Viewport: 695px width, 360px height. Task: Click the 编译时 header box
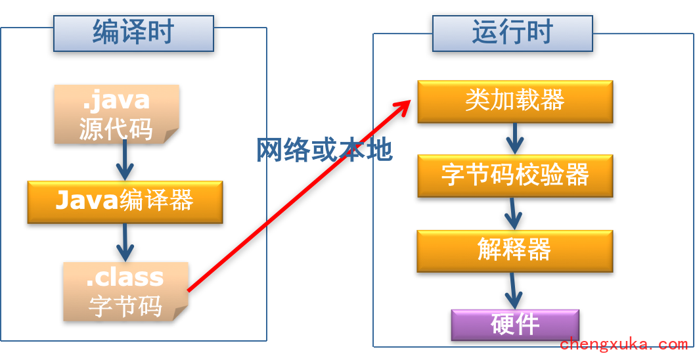(x=133, y=33)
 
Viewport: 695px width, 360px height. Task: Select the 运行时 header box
(x=512, y=34)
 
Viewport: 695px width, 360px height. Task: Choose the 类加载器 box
(x=515, y=101)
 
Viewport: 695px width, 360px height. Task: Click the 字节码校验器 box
(x=515, y=175)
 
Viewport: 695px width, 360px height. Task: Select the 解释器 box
(x=514, y=250)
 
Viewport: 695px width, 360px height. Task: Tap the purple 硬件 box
(x=515, y=325)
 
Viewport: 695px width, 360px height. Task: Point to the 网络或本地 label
(x=325, y=150)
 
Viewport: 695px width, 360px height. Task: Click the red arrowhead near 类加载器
(x=402, y=106)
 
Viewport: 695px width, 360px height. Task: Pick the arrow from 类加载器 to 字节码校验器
(x=514, y=139)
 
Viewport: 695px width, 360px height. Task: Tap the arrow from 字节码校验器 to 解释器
(x=514, y=213)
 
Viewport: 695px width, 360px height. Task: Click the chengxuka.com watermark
(x=624, y=344)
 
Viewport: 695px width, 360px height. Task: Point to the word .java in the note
(x=116, y=101)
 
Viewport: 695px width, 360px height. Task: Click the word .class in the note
(x=125, y=278)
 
